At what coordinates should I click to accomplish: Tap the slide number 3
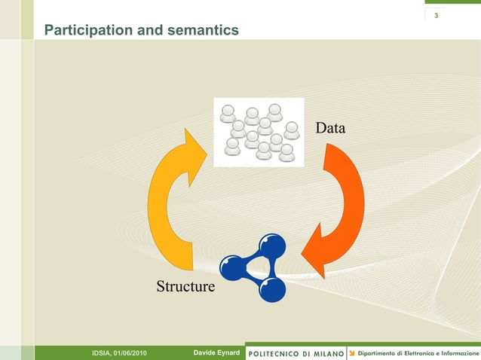(x=437, y=17)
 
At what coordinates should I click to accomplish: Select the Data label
(x=330, y=129)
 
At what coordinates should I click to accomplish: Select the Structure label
(x=185, y=287)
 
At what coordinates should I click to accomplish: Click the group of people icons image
(x=259, y=132)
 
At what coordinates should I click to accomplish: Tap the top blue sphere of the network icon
(x=272, y=246)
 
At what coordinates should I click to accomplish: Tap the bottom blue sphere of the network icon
(x=272, y=288)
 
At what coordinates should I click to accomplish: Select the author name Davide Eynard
(x=216, y=353)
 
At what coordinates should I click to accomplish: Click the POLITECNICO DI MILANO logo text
(x=296, y=353)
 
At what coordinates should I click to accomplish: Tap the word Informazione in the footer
(x=459, y=353)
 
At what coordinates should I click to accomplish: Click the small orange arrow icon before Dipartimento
(x=351, y=353)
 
